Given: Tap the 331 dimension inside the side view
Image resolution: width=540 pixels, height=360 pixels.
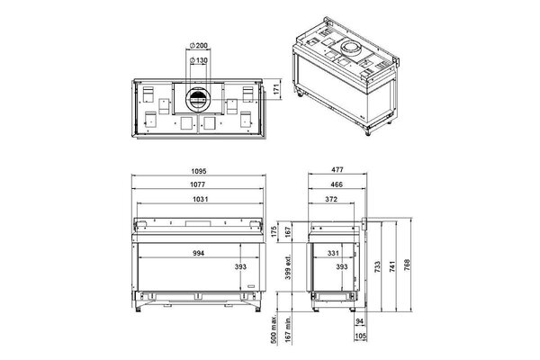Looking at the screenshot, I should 332,253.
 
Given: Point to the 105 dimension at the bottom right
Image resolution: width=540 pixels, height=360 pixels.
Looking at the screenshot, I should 360,337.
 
